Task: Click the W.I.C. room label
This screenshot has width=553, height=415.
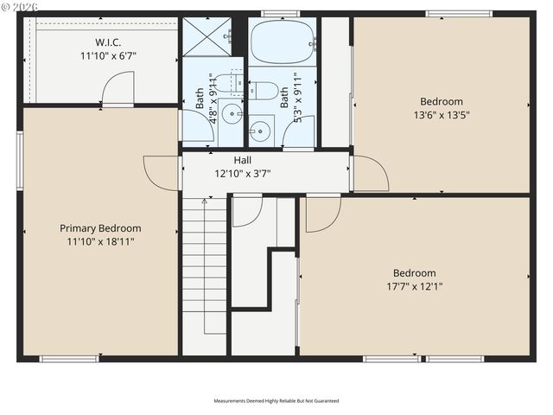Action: click(x=108, y=42)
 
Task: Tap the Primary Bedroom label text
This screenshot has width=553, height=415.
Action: click(x=100, y=228)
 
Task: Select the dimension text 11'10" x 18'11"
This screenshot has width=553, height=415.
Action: click(x=100, y=241)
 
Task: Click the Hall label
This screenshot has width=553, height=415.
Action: click(x=243, y=160)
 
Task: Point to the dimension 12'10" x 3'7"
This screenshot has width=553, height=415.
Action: click(x=243, y=173)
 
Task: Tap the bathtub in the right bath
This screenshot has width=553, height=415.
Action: click(x=282, y=41)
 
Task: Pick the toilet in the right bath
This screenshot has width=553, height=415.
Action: click(x=263, y=89)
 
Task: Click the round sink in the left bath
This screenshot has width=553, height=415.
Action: click(x=232, y=113)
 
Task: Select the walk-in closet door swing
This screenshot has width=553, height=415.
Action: click(x=119, y=87)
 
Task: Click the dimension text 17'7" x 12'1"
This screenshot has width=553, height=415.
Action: click(x=415, y=286)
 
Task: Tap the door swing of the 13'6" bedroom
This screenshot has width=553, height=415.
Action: click(x=370, y=174)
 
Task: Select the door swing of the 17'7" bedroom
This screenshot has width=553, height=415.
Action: click(x=321, y=213)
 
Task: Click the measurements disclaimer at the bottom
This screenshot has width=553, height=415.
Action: click(x=276, y=401)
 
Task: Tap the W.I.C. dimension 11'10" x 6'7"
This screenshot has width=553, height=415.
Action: click(x=108, y=55)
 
